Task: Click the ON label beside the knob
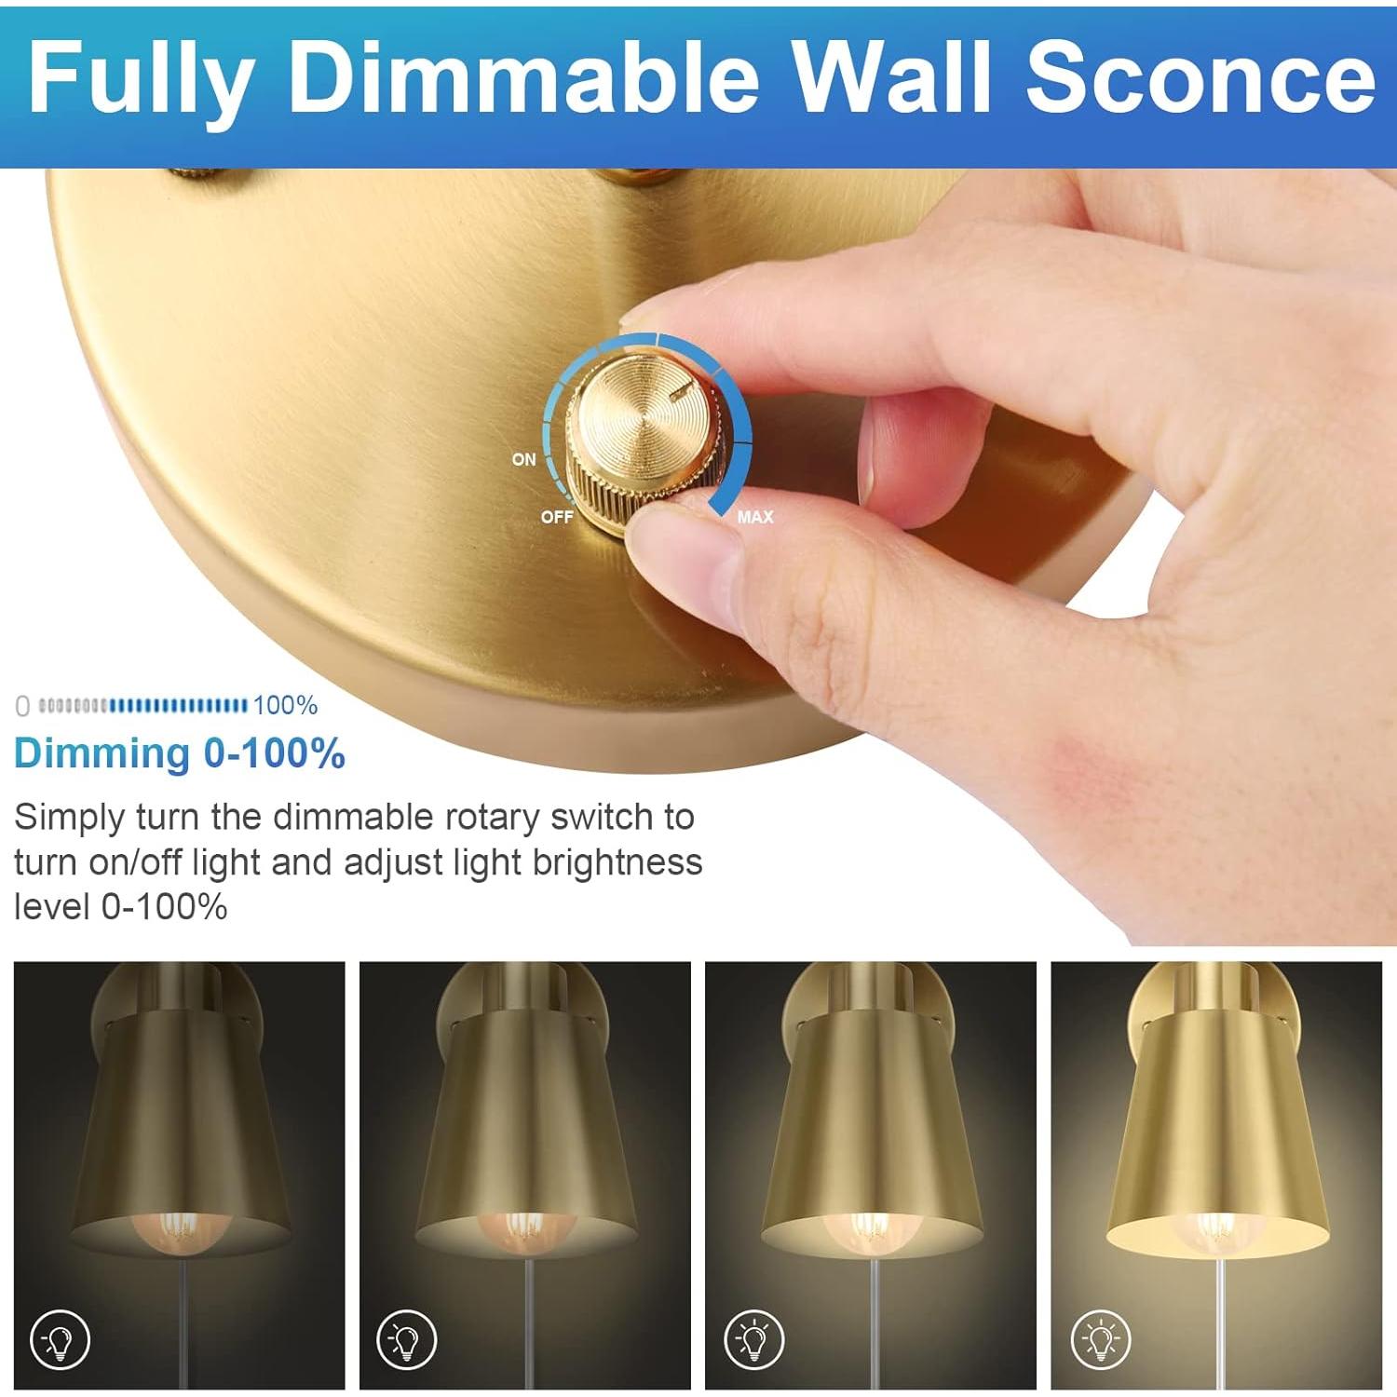coord(523,459)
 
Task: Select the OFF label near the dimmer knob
coord(557,517)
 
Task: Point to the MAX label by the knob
coord(754,517)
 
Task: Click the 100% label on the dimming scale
coord(285,706)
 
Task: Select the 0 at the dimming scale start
coord(22,707)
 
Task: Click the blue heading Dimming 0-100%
coord(180,753)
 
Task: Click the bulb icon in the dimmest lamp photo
coord(61,1339)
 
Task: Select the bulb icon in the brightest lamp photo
coord(1100,1339)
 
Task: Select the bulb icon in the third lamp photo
coord(753,1339)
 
